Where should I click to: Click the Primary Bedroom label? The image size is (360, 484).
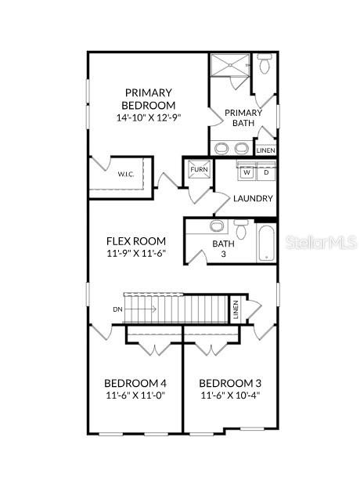coord(148,99)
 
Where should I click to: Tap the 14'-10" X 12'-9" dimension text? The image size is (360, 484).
coord(148,117)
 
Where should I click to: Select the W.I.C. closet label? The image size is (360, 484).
coord(126,174)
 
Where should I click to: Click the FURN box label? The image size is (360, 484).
coord(198,168)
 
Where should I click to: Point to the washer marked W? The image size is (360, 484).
coord(246,172)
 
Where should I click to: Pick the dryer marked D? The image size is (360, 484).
coord(265,172)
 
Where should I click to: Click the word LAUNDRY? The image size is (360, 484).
coord(253,199)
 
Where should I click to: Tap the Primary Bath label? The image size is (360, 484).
coord(243,117)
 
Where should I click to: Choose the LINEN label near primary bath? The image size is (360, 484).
coord(265,150)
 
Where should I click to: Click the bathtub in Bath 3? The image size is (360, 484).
coord(266,243)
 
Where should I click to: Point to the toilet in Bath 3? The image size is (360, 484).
coord(241,230)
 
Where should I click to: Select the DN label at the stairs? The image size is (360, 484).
coord(117,309)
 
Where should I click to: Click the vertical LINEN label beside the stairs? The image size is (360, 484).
coord(235,309)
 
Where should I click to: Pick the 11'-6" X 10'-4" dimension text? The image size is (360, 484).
coord(230,396)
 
